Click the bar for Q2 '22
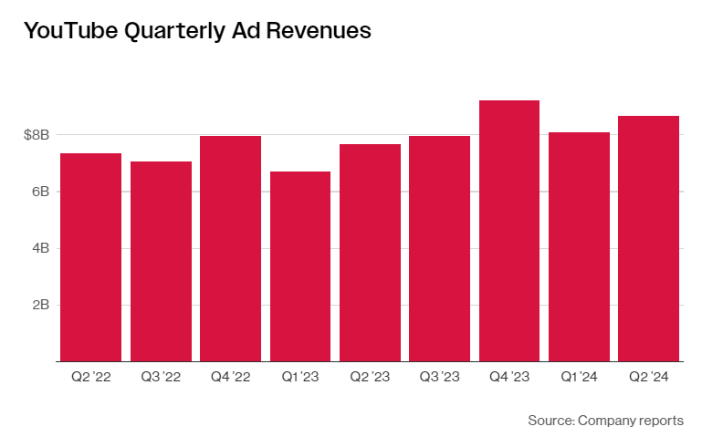click(x=91, y=257)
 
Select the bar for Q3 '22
click(x=161, y=261)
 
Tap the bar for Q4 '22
click(x=230, y=248)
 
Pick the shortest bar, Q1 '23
click(x=300, y=266)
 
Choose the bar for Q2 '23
click(x=370, y=253)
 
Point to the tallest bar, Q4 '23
click(x=509, y=231)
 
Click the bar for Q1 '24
click(x=579, y=246)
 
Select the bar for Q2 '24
click(x=648, y=238)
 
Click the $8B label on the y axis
click(x=37, y=135)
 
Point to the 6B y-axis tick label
click(x=39, y=192)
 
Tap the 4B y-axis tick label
click(x=39, y=248)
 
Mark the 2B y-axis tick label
click(x=39, y=305)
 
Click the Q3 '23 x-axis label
click(x=439, y=377)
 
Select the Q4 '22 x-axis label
click(x=230, y=377)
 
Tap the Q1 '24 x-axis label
click(x=579, y=377)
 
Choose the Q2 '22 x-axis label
click(x=91, y=377)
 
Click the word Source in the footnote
click(x=550, y=421)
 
